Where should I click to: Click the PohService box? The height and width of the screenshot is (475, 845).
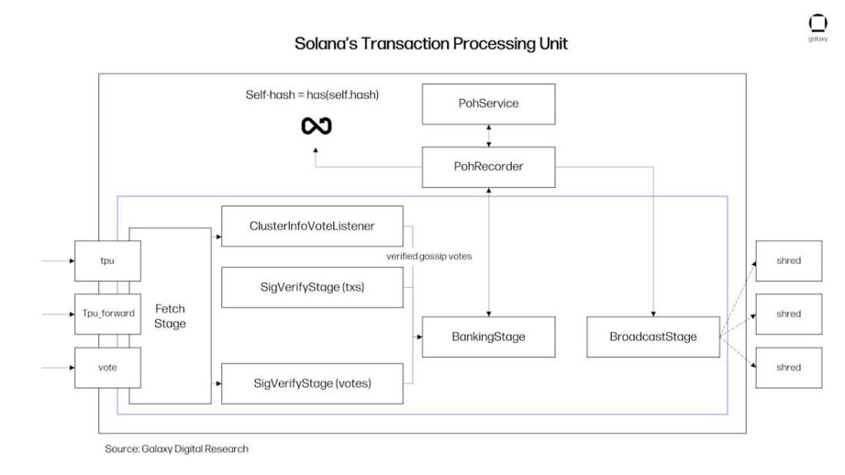tap(489, 104)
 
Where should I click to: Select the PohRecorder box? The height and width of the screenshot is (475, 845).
tap(489, 167)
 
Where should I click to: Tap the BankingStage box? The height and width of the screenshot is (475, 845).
tap(488, 336)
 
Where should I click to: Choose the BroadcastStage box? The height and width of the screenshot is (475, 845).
tap(653, 336)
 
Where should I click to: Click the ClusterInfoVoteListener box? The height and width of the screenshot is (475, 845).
tap(312, 226)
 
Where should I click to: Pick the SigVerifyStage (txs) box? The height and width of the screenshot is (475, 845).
tap(312, 288)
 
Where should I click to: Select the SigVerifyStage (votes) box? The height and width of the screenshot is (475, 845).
tap(312, 383)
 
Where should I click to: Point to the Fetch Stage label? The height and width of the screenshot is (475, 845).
tap(170, 316)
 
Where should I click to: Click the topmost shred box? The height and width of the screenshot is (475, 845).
tap(788, 261)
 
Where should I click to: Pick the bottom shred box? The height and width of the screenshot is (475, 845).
tap(788, 367)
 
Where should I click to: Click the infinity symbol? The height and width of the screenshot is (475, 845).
tap(316, 126)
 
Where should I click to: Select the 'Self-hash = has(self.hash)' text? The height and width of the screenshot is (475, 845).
tap(312, 95)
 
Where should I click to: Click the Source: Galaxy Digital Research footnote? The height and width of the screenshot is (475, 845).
tap(176, 449)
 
